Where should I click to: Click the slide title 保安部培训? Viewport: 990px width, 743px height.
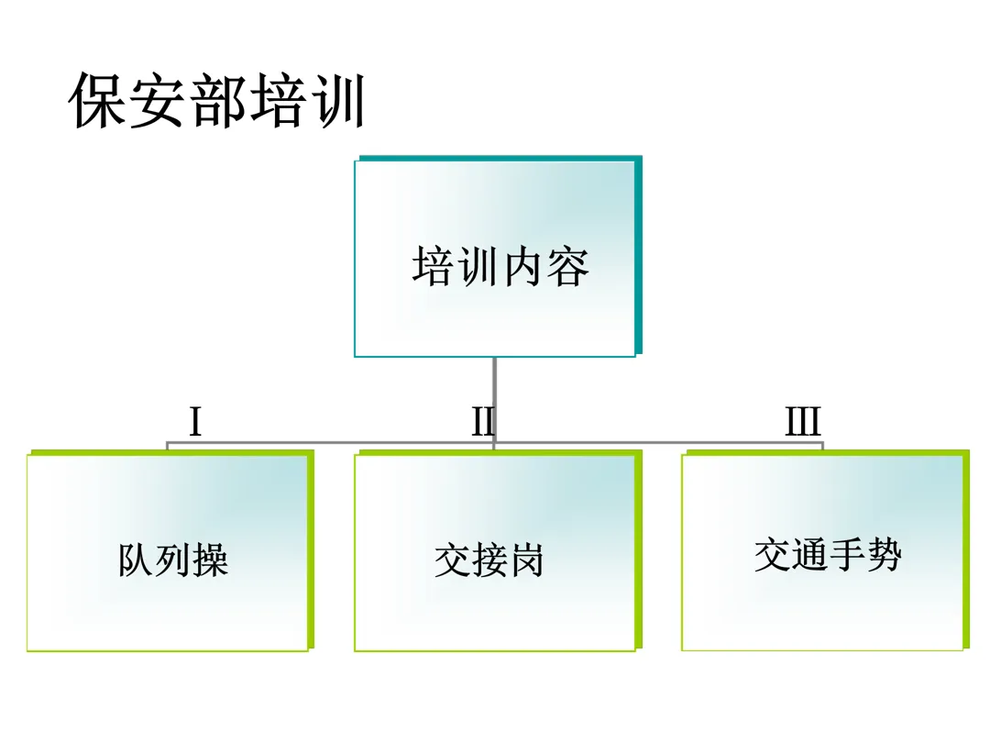(218, 101)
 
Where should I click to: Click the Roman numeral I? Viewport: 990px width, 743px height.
(195, 423)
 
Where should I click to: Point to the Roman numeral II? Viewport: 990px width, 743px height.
(483, 423)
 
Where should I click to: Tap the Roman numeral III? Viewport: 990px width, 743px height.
(803, 423)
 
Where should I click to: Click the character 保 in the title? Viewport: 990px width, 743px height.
(99, 101)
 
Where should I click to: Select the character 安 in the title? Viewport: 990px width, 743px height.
(159, 101)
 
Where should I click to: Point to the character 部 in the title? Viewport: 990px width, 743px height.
(218, 101)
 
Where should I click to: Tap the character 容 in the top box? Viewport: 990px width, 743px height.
(567, 266)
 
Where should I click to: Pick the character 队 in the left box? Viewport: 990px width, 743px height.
(136, 560)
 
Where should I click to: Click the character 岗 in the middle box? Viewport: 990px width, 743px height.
(526, 560)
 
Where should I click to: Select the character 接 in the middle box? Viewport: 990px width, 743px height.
(489, 560)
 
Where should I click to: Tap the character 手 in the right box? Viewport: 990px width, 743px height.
(846, 555)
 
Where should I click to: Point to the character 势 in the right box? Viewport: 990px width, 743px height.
(884, 555)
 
